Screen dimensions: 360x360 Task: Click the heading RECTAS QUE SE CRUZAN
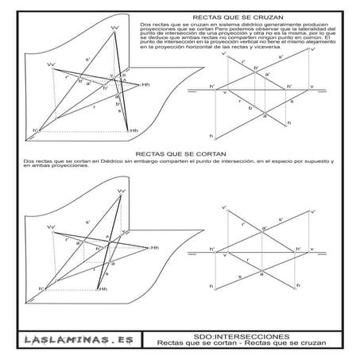pos(230,15)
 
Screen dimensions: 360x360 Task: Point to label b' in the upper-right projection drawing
pos(255,68)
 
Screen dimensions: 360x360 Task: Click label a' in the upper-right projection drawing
pos(267,75)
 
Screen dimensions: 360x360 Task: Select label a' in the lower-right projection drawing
pos(263,227)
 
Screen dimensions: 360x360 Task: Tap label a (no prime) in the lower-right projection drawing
pos(261,274)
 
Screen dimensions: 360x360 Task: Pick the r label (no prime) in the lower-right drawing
pos(247,260)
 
